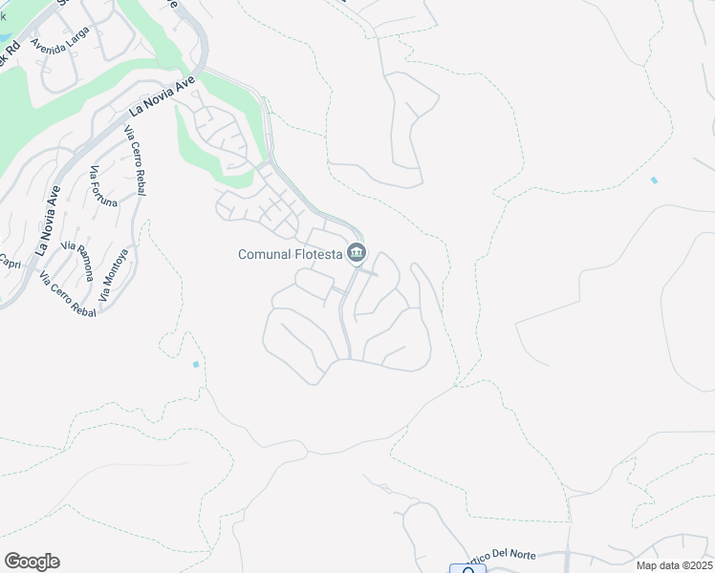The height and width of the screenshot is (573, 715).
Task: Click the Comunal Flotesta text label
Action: pyautogui.click(x=291, y=253)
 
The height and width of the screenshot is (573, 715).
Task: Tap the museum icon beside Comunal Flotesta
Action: pyautogui.click(x=357, y=252)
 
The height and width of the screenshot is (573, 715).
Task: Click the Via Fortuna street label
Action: pyautogui.click(x=103, y=187)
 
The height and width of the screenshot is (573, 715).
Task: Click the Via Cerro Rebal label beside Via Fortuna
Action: pyautogui.click(x=136, y=161)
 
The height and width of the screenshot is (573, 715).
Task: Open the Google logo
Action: pyautogui.click(x=32, y=562)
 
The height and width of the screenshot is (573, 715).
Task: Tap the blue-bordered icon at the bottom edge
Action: pyautogui.click(x=467, y=569)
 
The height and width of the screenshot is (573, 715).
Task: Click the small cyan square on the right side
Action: pyautogui.click(x=654, y=180)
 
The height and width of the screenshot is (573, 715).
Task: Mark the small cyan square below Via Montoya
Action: pyautogui.click(x=196, y=364)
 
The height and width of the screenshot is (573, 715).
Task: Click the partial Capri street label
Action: pyautogui.click(x=10, y=261)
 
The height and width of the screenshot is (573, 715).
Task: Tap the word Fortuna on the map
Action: pyautogui.click(x=105, y=191)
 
